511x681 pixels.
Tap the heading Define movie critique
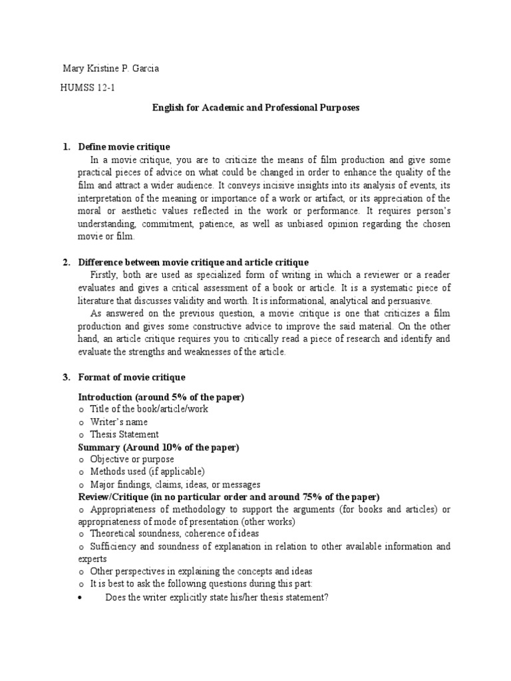(x=124, y=146)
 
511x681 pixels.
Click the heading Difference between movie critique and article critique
(x=193, y=262)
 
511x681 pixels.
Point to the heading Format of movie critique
(x=132, y=377)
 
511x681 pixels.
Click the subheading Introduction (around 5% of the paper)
(x=161, y=397)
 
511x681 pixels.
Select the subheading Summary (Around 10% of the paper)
(x=158, y=447)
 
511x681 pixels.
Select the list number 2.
(x=67, y=262)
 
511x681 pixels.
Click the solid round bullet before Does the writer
(x=80, y=597)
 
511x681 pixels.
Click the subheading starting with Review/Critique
(x=229, y=497)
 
